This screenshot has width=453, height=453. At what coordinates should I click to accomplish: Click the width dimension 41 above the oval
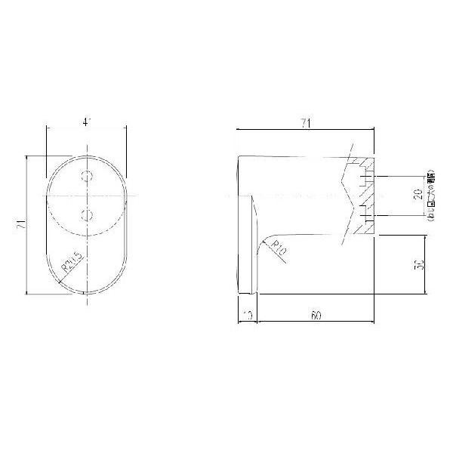pyautogui.click(x=86, y=120)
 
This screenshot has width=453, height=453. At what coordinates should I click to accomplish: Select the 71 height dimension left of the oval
pyautogui.click(x=22, y=224)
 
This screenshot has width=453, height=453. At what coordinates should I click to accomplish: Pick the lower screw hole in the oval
pyautogui.click(x=88, y=215)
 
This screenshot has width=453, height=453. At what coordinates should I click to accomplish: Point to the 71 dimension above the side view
pyautogui.click(x=305, y=122)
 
